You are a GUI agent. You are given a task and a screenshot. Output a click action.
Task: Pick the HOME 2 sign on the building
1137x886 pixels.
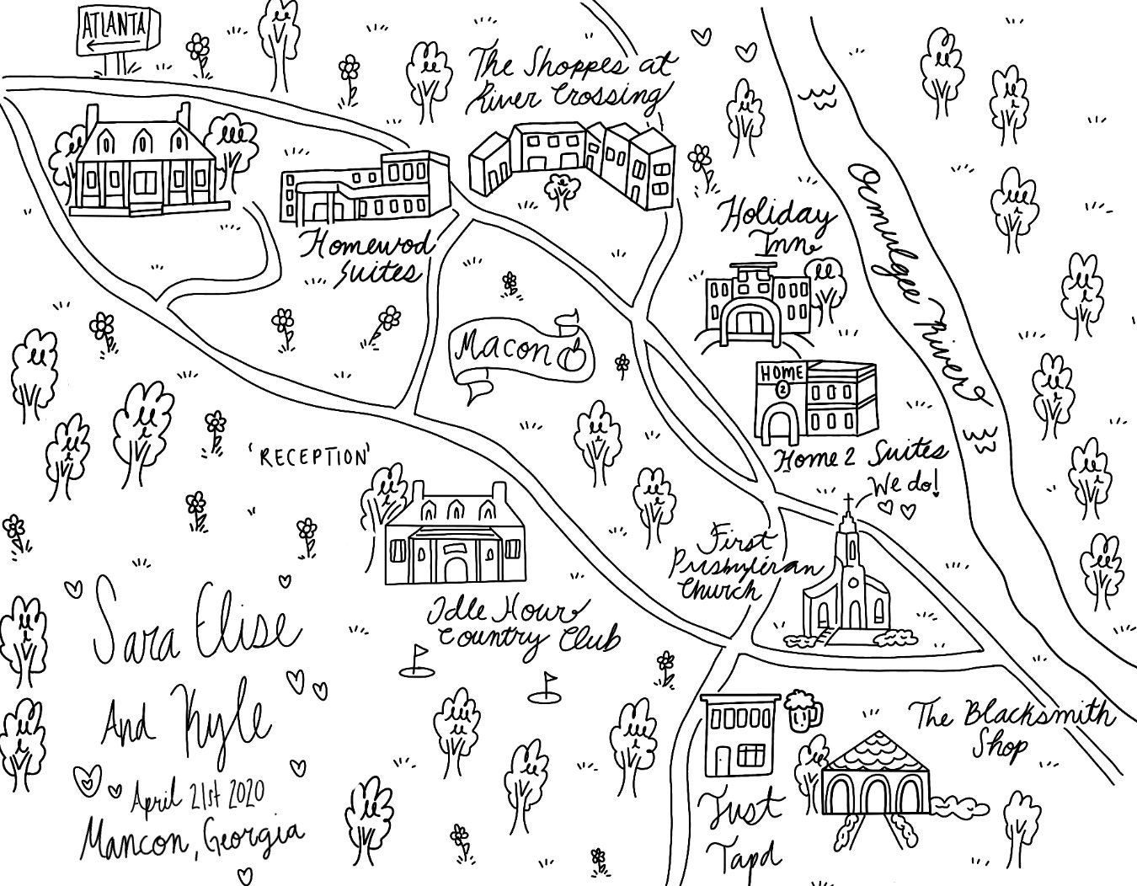(777, 372)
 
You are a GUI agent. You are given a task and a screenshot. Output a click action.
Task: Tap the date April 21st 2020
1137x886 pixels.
(198, 794)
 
